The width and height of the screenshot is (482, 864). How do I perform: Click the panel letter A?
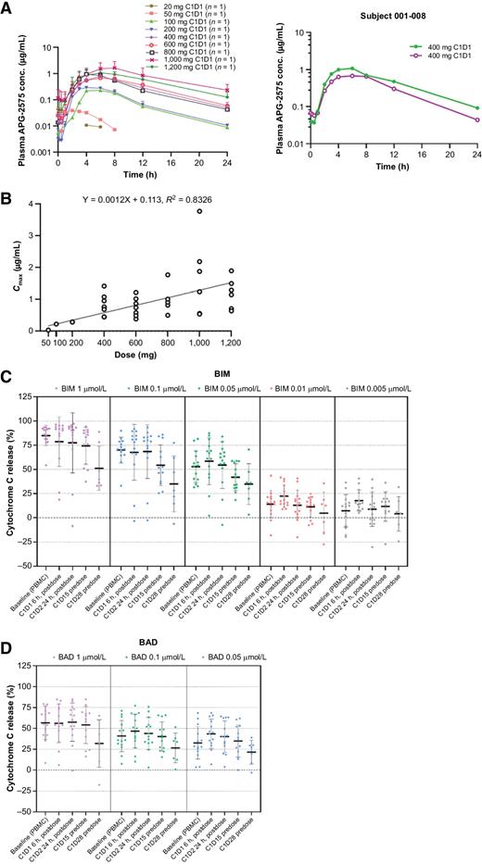(6, 7)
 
